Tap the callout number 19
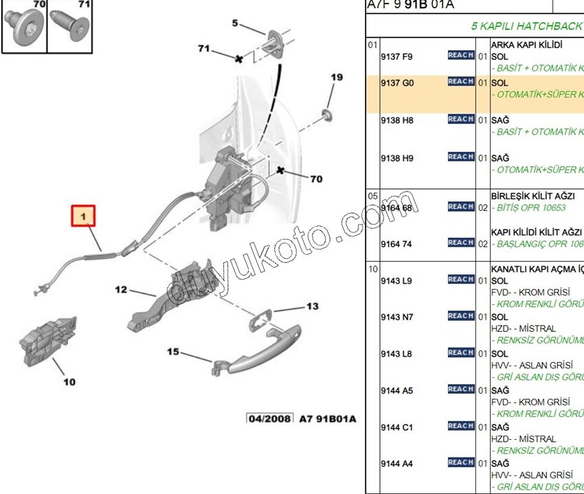(x=335, y=78)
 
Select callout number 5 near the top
(x=235, y=23)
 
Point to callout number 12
(x=121, y=290)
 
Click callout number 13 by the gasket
(x=313, y=306)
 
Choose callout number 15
(x=172, y=352)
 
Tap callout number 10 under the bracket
(x=69, y=382)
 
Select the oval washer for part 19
(x=326, y=111)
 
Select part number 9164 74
(x=396, y=243)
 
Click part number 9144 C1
(x=397, y=427)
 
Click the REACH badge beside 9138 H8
(x=460, y=119)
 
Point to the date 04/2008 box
(x=270, y=418)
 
